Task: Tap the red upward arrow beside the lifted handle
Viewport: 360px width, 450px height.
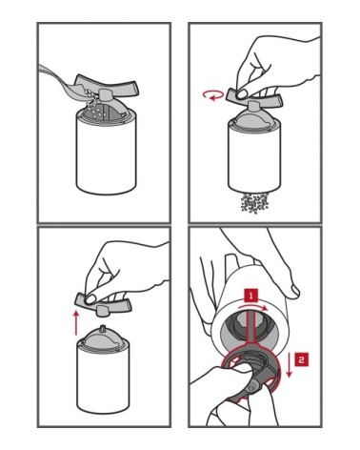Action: [75, 322]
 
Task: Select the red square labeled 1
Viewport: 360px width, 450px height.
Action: [251, 297]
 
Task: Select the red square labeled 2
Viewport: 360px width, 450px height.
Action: [301, 359]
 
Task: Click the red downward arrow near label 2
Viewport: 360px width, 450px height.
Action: [289, 365]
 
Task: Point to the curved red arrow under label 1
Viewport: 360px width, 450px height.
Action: [253, 306]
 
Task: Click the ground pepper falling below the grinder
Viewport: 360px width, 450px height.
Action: [254, 203]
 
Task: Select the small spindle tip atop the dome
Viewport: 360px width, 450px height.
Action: [103, 328]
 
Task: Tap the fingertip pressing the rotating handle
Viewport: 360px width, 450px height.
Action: [244, 94]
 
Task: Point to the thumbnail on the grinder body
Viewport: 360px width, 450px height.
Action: [294, 290]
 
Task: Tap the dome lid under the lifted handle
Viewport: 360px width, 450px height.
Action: [103, 338]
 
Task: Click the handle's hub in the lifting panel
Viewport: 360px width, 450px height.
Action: [102, 310]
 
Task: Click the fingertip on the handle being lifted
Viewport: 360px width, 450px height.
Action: [91, 299]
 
